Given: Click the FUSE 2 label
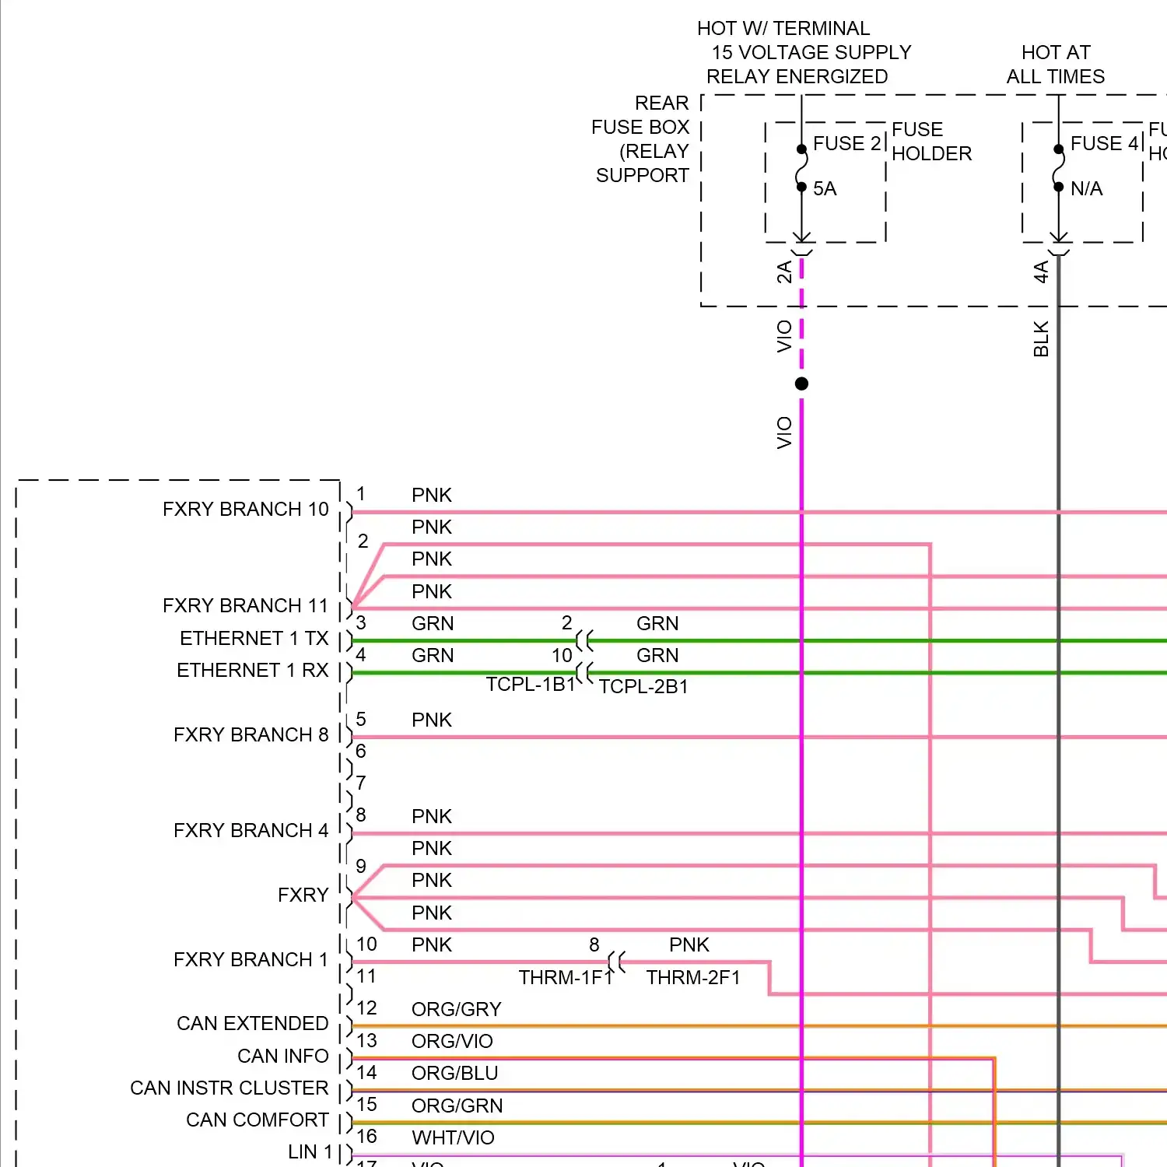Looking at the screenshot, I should pos(846,144).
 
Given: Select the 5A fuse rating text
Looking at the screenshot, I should pos(825,189).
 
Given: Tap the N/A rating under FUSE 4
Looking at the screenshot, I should pos(1086,189).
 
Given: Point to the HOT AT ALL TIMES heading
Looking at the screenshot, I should pos(1056,65).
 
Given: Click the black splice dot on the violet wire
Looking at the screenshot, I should pos(801,384).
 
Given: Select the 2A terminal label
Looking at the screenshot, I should pos(784,272).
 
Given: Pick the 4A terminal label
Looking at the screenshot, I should pos(1041,272).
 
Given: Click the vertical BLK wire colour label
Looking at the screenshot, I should pos(1041,339).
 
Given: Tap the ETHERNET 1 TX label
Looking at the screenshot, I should pos(254,639).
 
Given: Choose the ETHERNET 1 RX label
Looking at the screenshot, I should pos(252,671).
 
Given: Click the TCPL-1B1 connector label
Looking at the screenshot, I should pos(530,685).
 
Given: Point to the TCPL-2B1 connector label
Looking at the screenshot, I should pos(643,687).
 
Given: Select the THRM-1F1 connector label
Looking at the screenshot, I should pos(566,978).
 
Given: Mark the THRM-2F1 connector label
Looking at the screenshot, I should pos(693,978).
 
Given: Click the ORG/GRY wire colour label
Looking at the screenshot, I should pos(456,1010).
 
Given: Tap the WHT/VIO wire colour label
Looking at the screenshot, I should pos(453,1138).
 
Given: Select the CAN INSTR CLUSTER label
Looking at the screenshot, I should pos(229,1088).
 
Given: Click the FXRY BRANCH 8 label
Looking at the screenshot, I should pos(251,735).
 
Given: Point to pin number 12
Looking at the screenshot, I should pos(366,1008).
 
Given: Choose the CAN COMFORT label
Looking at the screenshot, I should pos(257,1120).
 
